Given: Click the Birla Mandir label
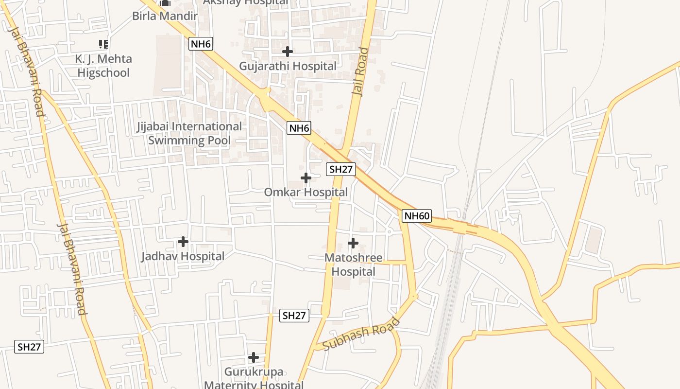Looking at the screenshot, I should point(165,16).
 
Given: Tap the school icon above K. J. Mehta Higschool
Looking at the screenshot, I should point(103,44).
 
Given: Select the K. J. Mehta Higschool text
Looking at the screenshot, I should point(103,66).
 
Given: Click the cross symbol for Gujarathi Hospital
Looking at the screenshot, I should point(288,51).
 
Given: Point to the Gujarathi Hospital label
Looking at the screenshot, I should point(288,66).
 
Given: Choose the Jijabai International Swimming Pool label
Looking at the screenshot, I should point(189,134).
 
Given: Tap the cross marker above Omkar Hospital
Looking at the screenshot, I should point(306,178).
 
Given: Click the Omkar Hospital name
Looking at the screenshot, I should point(306,193).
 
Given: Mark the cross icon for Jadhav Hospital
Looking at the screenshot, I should point(183,241).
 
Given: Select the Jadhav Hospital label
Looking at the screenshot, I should point(183,256).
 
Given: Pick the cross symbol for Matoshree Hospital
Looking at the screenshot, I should point(353,243).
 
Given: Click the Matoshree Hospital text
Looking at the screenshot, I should point(353,265).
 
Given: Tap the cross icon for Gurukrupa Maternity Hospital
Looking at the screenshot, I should point(254,358).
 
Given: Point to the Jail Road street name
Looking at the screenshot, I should point(360,72).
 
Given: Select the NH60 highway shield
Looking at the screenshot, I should point(417,216).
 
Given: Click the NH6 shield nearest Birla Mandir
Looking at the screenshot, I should point(201,44).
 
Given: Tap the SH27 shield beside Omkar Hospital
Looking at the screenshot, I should point(341,169).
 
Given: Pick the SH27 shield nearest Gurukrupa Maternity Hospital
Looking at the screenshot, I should point(295,316).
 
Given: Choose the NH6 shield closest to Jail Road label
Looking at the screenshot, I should point(299,128).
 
